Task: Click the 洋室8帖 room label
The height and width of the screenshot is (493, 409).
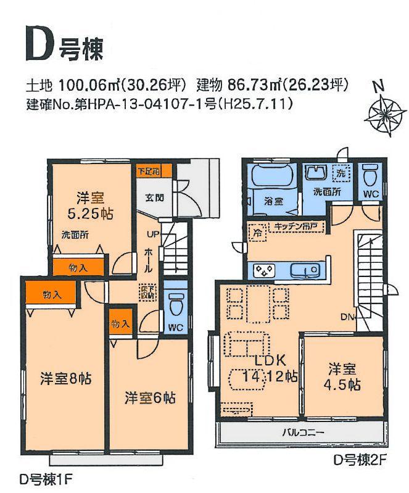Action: tap(67, 378)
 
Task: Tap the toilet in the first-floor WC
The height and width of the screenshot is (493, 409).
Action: tap(176, 306)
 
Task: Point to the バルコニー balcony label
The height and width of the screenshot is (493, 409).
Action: tap(302, 432)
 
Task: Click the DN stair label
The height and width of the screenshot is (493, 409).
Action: tap(347, 317)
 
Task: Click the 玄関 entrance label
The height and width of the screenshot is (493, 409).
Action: tap(155, 197)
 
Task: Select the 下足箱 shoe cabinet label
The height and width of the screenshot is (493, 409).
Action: tap(148, 170)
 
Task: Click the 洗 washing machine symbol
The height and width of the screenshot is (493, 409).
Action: tap(341, 174)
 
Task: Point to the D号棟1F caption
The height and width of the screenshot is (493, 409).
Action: tap(46, 478)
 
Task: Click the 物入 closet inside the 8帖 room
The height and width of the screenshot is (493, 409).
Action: tap(52, 294)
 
